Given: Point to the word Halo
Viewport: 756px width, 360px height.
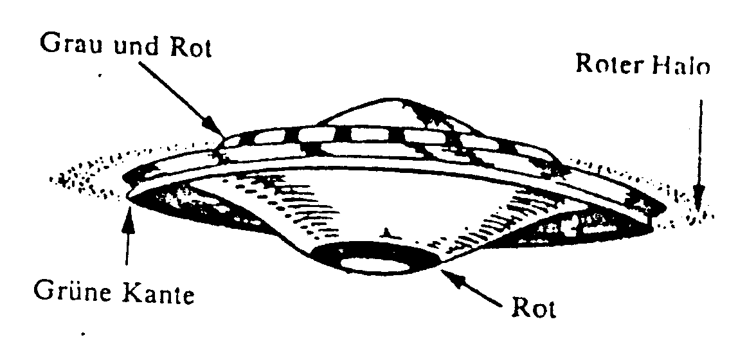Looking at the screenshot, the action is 681,65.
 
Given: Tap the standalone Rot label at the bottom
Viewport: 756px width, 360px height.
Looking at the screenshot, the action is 534,307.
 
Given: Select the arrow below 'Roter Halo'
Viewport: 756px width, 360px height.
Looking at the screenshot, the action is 699,154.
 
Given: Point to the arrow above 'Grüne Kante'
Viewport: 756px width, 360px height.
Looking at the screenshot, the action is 127,236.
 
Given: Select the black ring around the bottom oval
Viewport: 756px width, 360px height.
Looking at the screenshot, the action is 375,258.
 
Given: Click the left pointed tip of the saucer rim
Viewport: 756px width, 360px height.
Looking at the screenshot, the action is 127,195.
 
